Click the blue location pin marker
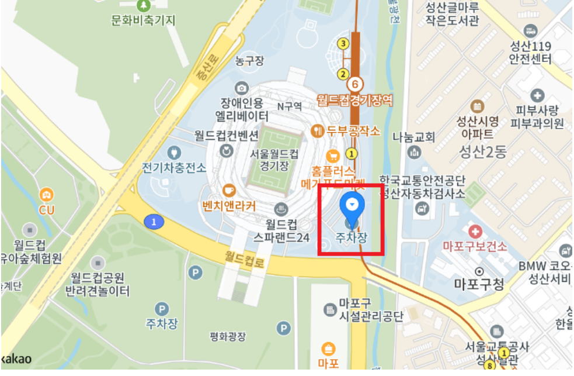tap(352, 205)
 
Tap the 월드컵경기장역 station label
tap(354, 100)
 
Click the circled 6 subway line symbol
tap(354, 84)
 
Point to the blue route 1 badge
tap(154, 222)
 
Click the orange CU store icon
tap(46, 194)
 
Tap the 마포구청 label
tap(478, 284)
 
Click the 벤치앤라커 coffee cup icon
tap(229, 189)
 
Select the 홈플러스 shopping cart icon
tap(333, 156)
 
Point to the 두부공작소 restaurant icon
tap(318, 130)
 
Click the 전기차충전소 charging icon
tap(173, 153)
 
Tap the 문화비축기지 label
tap(143, 20)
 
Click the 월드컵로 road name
tap(245, 260)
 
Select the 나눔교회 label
tap(413, 137)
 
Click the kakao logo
tap(16, 358)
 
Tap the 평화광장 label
tap(228, 337)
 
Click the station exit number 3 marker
tap(343, 43)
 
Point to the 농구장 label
tap(249, 61)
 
